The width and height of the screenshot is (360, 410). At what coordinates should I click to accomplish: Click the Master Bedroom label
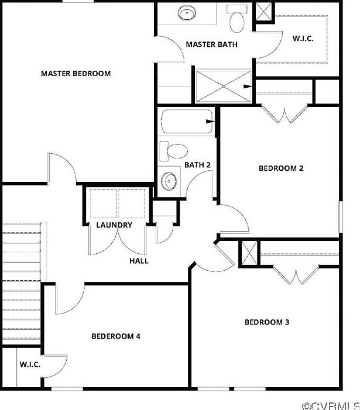(x=76, y=74)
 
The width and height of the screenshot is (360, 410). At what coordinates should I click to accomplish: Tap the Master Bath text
(x=211, y=44)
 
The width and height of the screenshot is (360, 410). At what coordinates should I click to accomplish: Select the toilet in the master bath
(x=237, y=20)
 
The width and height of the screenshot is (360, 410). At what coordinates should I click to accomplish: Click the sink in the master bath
(x=187, y=13)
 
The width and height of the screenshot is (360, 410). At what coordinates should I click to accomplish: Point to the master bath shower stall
(x=224, y=87)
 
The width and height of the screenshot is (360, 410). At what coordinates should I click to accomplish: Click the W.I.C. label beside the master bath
(x=303, y=39)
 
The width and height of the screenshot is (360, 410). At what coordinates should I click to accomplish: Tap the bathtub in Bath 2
(x=187, y=122)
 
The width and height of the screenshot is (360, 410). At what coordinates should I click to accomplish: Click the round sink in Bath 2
(x=170, y=180)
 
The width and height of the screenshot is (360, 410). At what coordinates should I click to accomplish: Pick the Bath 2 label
(x=197, y=165)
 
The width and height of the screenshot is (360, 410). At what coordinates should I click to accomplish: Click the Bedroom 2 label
(x=281, y=168)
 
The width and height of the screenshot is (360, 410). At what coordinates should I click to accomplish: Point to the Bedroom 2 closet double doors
(x=283, y=113)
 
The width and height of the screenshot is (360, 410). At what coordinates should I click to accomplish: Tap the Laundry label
(x=114, y=225)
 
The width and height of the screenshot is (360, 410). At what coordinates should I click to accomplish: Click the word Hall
(x=139, y=261)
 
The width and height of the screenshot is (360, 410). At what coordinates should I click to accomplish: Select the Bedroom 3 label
(x=267, y=322)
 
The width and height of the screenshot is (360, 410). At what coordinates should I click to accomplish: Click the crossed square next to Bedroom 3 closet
(x=249, y=254)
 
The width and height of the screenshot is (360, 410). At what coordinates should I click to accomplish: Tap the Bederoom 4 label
(x=116, y=336)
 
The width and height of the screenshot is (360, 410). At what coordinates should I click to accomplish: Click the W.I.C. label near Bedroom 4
(x=30, y=364)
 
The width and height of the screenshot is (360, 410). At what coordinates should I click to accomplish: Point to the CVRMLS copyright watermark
(x=330, y=405)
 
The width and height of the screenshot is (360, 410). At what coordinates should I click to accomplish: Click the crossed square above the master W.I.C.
(x=263, y=12)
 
